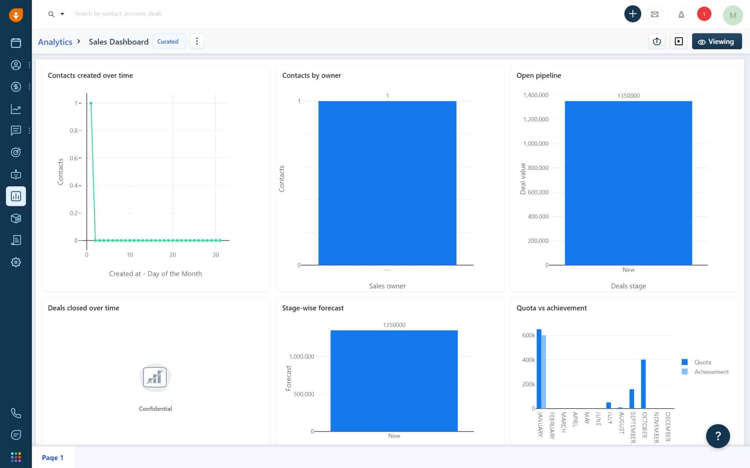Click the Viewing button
pos(717,41)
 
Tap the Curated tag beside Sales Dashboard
pos(168,41)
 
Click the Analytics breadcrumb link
pos(55,42)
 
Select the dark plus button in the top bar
pos(632,14)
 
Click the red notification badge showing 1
pos(704,14)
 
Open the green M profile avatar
pos(732,15)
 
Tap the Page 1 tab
pos(53,457)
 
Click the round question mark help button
pos(718,436)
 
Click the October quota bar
pos(643,384)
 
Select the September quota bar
pos(632,399)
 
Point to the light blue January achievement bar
pos(544,372)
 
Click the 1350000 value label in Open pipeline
pos(628,96)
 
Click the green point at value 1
pos(91,103)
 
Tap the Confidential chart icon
pos(155,377)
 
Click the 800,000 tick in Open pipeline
pos(538,168)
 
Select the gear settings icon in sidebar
pos(16,262)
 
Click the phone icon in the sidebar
pos(16,413)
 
